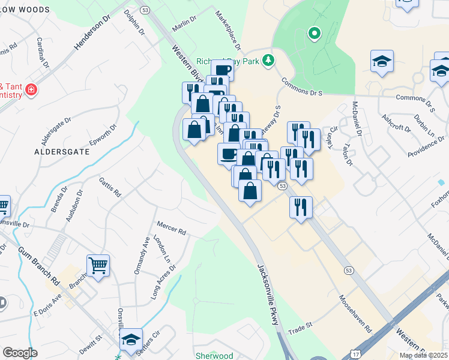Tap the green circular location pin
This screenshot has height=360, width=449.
pyautogui.click(x=313, y=34)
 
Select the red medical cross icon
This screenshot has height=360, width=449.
pyautogui.click(x=31, y=91)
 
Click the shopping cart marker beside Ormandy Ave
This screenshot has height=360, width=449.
pyautogui.click(x=98, y=264)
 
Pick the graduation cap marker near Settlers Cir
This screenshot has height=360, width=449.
pyautogui.click(x=131, y=339)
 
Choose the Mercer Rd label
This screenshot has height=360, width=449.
pyautogui.click(x=172, y=229)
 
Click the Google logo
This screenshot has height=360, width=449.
pyautogui.click(x=20, y=352)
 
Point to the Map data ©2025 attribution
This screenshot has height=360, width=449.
pyautogui.click(x=423, y=355)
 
